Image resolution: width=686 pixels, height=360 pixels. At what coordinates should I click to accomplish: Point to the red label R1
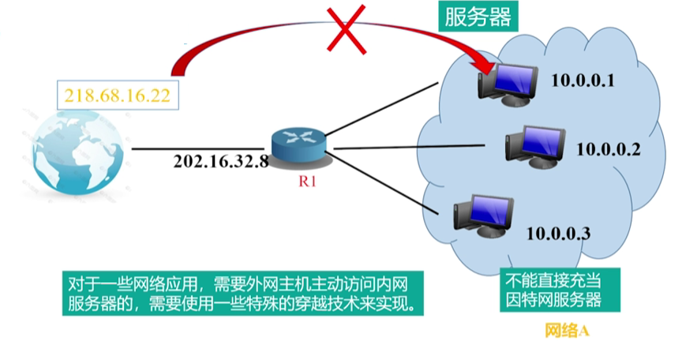tap(307, 182)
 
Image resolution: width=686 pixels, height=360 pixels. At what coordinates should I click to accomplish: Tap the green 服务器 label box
tap(478, 17)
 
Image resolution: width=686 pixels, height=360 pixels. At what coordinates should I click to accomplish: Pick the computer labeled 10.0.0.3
tap(482, 214)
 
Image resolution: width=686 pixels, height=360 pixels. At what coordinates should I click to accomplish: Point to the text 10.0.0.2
tap(607, 148)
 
